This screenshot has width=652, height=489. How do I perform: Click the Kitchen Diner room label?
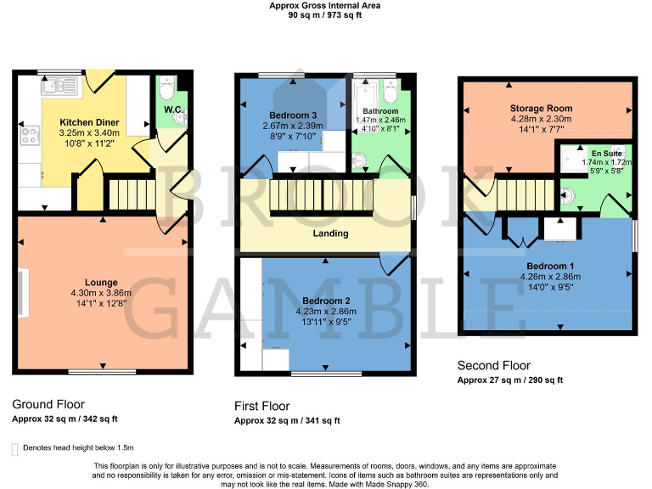(x=88, y=122)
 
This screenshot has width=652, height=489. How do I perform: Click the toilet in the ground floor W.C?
(x=168, y=87)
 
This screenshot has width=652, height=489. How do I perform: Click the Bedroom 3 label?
(x=293, y=115)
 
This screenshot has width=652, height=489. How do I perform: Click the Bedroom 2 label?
(x=326, y=301)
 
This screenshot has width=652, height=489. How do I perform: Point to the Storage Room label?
(x=541, y=109)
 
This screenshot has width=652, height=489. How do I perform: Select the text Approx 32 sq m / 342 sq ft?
(x=65, y=419)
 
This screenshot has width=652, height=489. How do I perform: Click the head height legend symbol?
(x=14, y=447)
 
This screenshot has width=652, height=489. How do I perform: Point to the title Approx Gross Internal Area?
(x=325, y=5)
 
